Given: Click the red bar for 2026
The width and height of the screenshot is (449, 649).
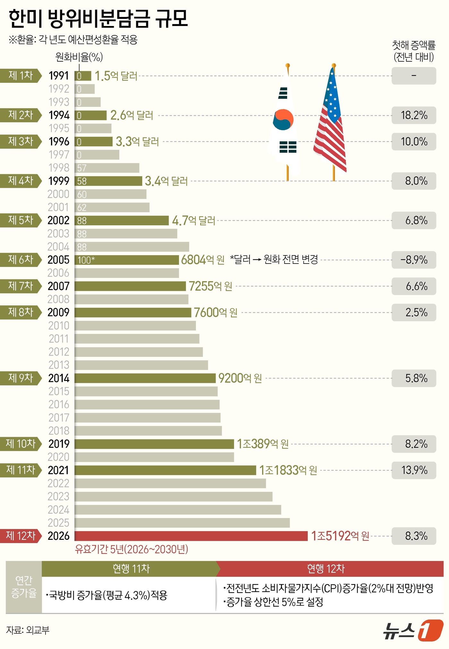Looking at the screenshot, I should pos(191,536).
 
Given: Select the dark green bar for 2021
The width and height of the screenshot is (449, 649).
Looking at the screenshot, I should pos(165,470).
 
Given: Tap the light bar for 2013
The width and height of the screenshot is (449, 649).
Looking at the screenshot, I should pos(141,365).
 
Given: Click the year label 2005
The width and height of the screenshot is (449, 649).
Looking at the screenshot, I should pos(58,260).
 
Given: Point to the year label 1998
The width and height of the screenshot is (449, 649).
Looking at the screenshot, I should pos(59,168).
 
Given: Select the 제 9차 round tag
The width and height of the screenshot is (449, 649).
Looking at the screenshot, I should pos(21,378).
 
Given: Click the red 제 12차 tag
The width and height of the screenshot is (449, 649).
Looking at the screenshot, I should pos(21,536).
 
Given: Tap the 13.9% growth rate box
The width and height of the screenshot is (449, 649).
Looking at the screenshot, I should pos(414,470).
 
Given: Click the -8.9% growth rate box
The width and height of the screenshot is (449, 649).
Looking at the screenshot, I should pos(414,260).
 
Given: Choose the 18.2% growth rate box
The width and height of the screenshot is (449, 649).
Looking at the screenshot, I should pos(414,115).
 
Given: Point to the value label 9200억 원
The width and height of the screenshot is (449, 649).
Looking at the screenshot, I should pos(240,378).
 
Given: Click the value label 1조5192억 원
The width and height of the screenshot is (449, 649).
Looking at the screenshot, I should pos(340,536).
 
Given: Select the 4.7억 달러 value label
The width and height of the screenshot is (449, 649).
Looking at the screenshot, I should pos(193,221).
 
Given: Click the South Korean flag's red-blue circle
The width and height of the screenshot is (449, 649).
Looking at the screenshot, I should pos(283,120).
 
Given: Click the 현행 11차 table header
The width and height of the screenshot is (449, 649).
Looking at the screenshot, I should pos(131,569).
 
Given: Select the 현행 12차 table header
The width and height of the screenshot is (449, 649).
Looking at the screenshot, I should pos(326,569).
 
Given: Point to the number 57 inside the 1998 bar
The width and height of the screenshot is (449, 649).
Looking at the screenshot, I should pos(82,168).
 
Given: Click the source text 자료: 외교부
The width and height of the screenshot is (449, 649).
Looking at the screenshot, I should pos(28,630).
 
